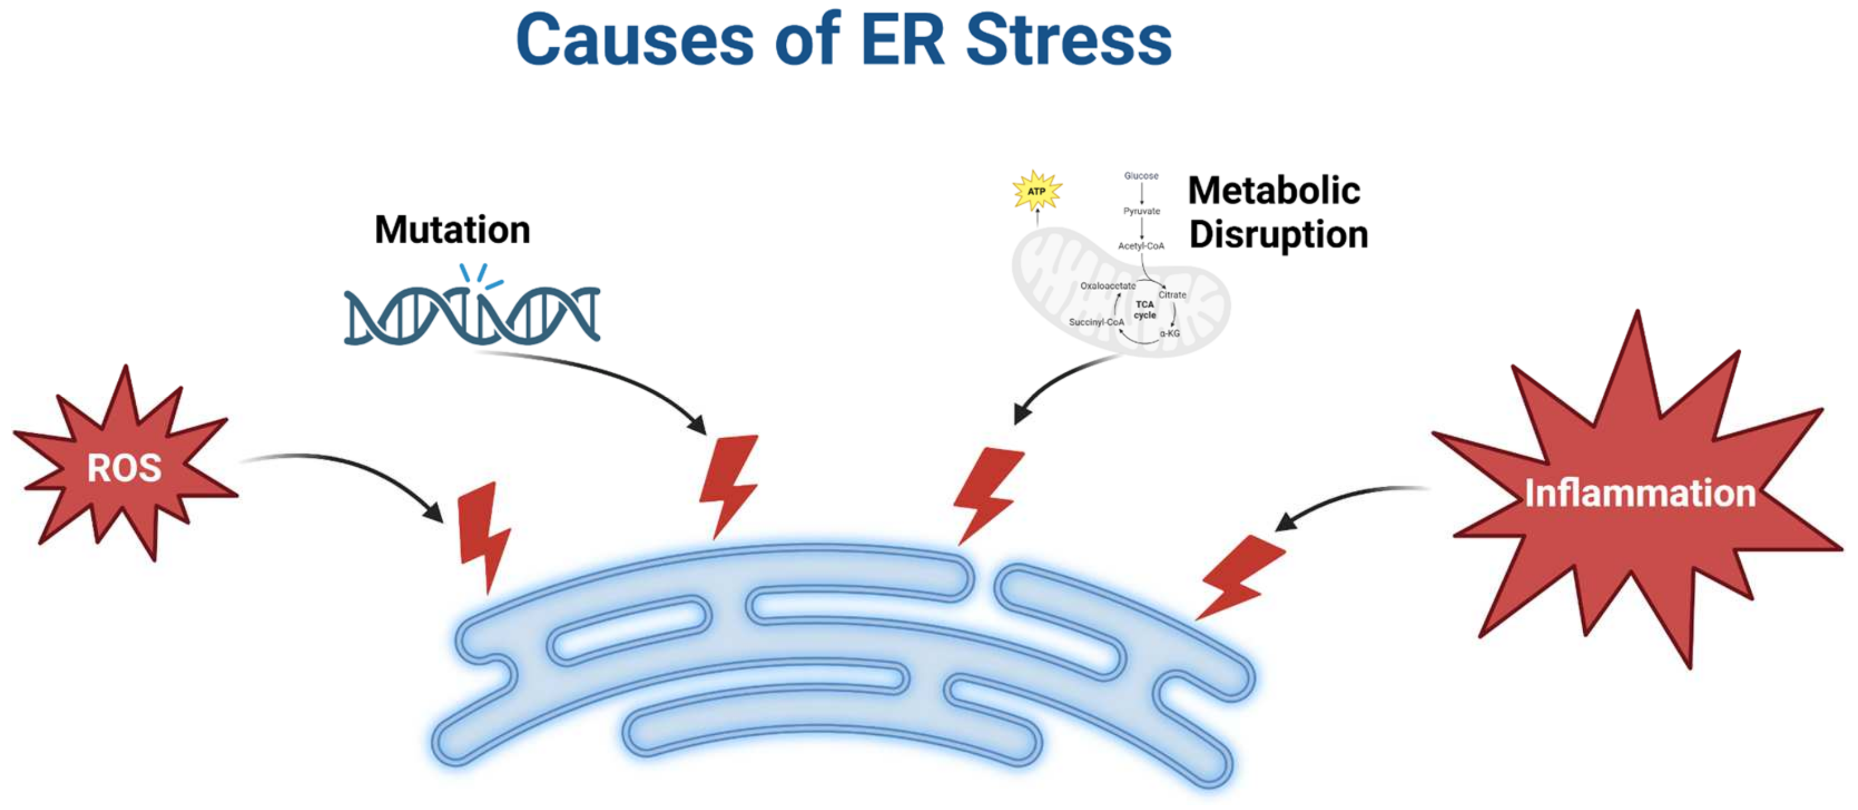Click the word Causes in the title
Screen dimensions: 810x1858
click(x=635, y=40)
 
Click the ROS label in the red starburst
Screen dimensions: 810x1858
click(x=124, y=468)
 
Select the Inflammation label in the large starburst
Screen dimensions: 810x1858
click(x=1640, y=494)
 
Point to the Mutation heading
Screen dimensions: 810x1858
click(x=452, y=230)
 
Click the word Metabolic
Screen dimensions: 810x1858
click(x=1274, y=191)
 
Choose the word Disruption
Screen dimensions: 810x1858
click(x=1278, y=235)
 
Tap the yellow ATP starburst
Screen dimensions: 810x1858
click(x=1037, y=191)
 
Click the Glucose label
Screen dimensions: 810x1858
click(x=1141, y=176)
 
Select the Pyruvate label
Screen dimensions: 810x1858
click(x=1141, y=211)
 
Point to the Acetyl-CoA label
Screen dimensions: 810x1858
click(x=1140, y=246)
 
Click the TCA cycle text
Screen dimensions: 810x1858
click(x=1145, y=310)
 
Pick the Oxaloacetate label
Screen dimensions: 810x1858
click(x=1107, y=285)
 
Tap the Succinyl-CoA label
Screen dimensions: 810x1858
click(x=1095, y=322)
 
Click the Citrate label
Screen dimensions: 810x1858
click(x=1172, y=294)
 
